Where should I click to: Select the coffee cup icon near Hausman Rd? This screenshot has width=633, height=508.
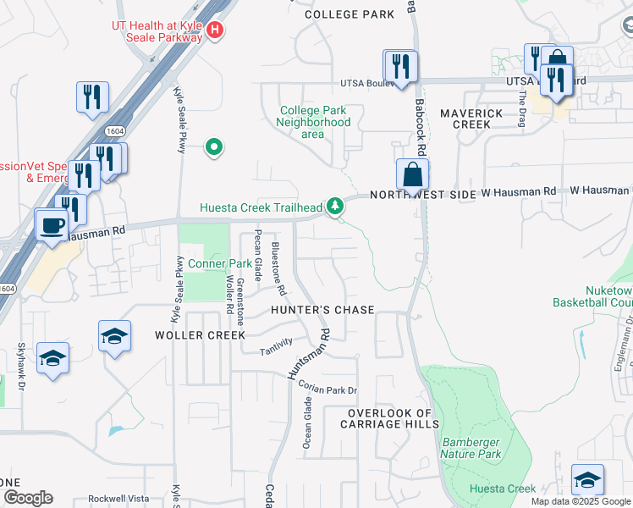[x=52, y=225]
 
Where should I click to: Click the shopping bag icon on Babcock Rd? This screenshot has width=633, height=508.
[x=412, y=174]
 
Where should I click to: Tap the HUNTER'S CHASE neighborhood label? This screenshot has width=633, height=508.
[x=322, y=310]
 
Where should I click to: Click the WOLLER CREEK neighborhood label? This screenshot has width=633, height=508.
[x=200, y=335]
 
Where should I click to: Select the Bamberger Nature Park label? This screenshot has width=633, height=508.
[x=470, y=448]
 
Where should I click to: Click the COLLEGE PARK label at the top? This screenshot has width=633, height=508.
[x=350, y=14]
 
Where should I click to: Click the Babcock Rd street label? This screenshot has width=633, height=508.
[x=420, y=119]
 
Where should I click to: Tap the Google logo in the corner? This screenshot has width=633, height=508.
[x=27, y=498]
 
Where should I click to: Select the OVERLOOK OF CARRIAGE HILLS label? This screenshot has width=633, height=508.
[x=390, y=419]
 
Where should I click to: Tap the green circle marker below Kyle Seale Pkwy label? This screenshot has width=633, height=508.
[x=215, y=148]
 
